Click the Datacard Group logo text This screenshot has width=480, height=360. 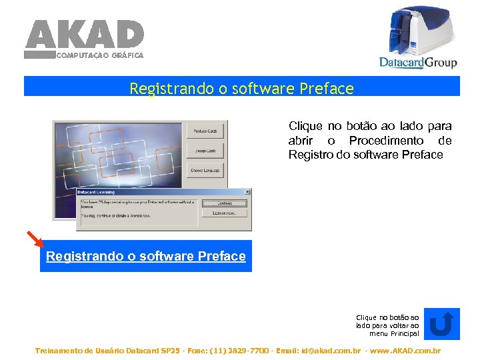click(x=418, y=62)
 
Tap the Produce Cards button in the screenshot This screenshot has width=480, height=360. click(x=205, y=131)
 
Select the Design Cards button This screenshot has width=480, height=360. click(x=205, y=151)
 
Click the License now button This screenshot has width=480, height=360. click(x=224, y=213)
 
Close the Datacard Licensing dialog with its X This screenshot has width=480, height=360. click(x=247, y=192)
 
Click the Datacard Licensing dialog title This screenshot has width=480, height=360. click(x=96, y=192)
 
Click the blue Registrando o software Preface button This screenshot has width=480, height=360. click(x=146, y=256)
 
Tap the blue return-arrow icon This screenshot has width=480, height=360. click(x=441, y=323)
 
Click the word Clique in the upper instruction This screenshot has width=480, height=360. click(x=305, y=125)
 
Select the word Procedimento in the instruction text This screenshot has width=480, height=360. click(x=386, y=140)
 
